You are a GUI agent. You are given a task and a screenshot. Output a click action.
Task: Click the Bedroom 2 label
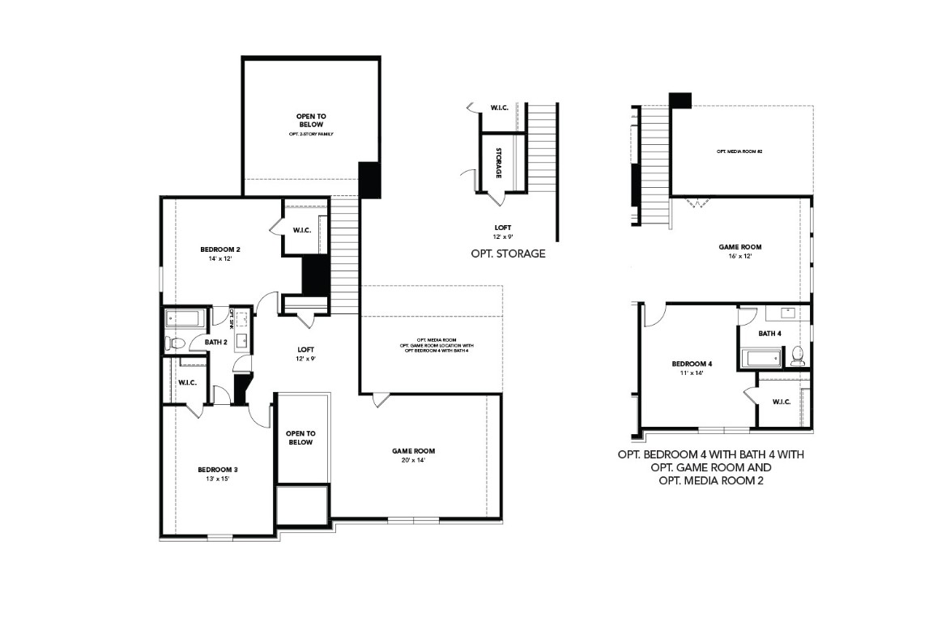click(220, 249)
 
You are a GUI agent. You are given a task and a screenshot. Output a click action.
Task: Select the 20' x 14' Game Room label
click(413, 451)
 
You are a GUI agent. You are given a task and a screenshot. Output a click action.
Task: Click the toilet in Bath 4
click(797, 355)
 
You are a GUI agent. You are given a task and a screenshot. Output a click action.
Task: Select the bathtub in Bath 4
click(762, 357)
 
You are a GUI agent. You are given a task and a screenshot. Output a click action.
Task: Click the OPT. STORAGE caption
click(508, 253)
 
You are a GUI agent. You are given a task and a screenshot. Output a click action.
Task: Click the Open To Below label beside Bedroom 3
click(300, 438)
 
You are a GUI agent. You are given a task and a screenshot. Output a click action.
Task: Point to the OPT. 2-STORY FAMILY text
click(310, 134)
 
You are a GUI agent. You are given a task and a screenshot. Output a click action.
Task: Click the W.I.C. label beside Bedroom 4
click(782, 402)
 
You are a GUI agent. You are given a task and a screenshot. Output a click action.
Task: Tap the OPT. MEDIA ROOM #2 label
click(739, 151)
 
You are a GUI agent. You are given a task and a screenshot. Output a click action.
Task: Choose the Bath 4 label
click(770, 334)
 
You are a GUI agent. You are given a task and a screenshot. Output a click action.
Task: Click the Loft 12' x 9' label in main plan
click(306, 353)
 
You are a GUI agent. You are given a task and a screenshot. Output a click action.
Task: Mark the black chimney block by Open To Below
click(369, 180)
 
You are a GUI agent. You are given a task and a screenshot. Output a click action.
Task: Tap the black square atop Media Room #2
click(680, 100)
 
